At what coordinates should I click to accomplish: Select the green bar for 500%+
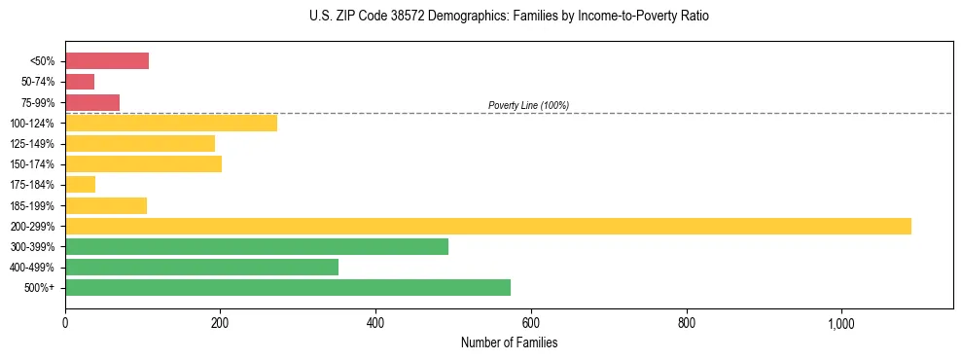coord(288,288)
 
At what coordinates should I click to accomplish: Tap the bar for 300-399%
coord(257,246)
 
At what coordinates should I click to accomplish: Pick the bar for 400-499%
coord(201,268)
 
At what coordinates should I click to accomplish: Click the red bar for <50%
coord(107,61)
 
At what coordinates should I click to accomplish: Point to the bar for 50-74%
coord(80,82)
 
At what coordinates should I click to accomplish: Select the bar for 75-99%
coord(92,102)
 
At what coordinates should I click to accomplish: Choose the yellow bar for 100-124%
coord(171,123)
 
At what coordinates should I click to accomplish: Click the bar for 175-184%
coord(80,185)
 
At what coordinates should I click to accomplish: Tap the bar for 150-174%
coord(143,164)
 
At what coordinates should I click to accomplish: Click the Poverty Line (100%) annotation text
coord(528,105)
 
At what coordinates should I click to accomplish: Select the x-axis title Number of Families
coord(509,342)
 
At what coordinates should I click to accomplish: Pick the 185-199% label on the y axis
coord(32,205)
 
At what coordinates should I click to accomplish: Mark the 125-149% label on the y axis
coord(32,144)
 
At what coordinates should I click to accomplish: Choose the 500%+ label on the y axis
coord(39,288)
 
